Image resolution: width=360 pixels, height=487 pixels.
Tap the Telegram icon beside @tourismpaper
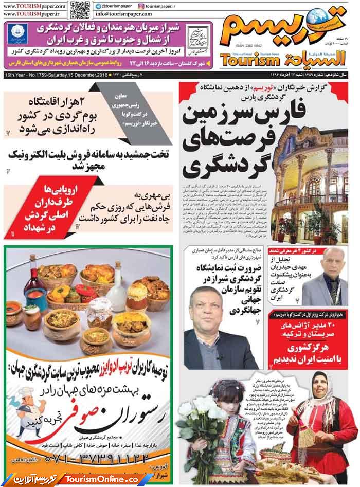pos(98,6)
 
